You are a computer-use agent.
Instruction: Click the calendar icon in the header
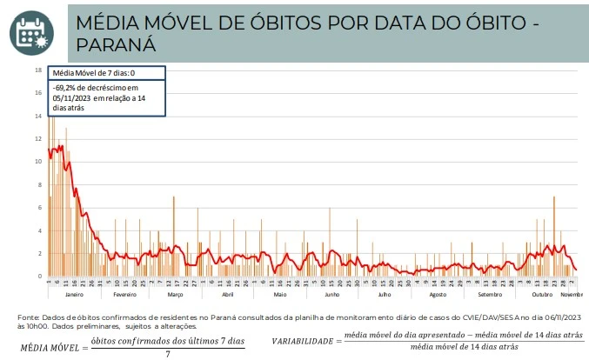(x=31, y=30)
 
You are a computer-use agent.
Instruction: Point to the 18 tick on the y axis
(x=38, y=70)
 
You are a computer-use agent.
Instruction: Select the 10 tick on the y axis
(x=38, y=162)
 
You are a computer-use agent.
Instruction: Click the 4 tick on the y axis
(x=39, y=230)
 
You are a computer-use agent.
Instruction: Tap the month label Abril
(x=228, y=296)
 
